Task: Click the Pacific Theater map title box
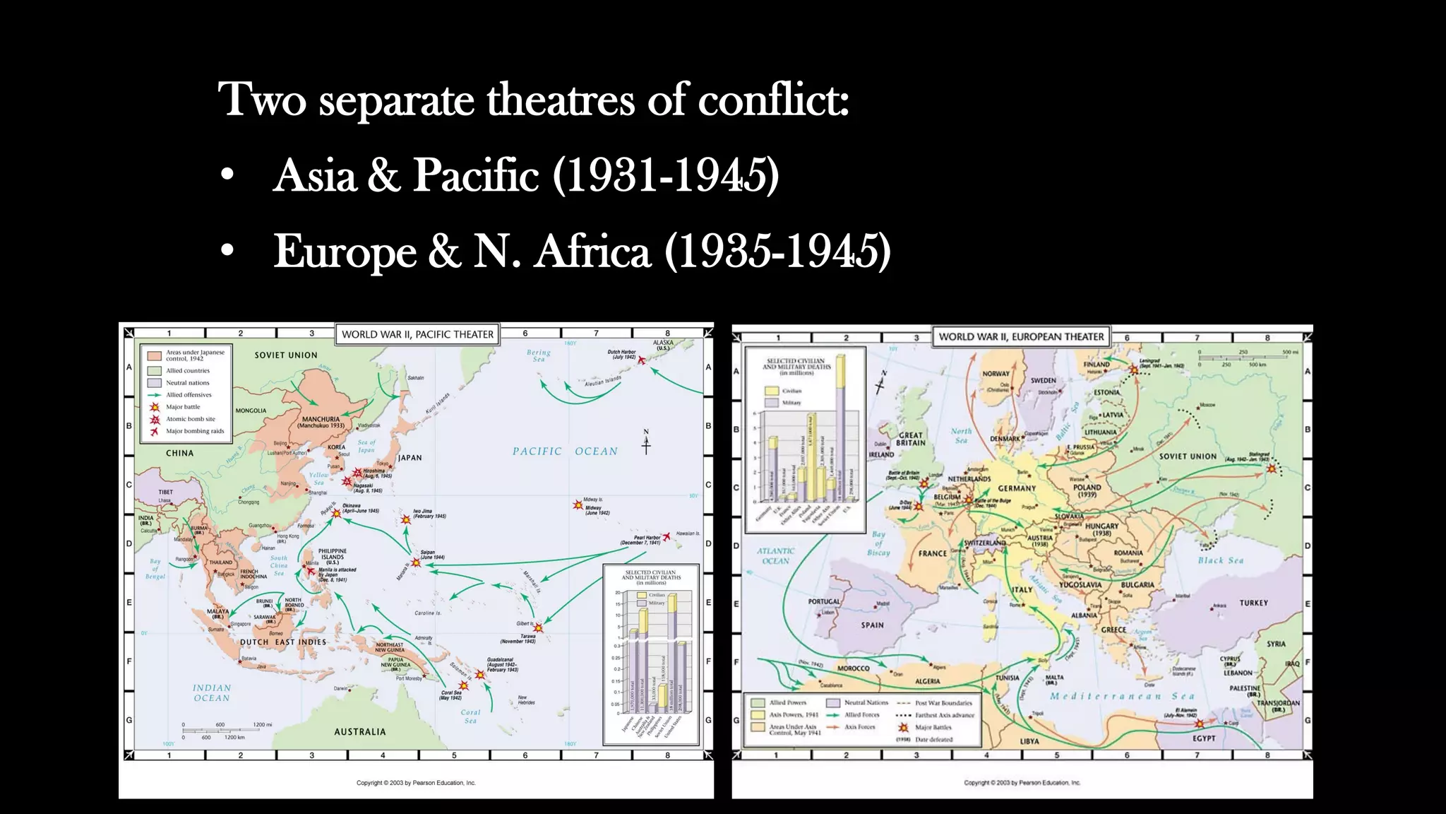(x=417, y=334)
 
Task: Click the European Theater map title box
(x=1020, y=337)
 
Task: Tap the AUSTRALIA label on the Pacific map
(x=360, y=732)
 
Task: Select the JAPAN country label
(x=410, y=458)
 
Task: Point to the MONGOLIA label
(x=251, y=411)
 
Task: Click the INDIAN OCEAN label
(x=212, y=692)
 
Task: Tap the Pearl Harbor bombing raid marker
(x=666, y=537)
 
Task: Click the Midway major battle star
(x=578, y=505)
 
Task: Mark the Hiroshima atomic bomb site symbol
(x=357, y=472)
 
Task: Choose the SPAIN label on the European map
(x=872, y=625)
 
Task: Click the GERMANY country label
(x=1017, y=488)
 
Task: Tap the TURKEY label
(x=1253, y=603)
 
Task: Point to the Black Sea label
(x=1221, y=560)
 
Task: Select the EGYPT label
(x=1204, y=738)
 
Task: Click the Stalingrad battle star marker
(x=1272, y=468)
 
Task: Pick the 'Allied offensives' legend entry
(x=189, y=395)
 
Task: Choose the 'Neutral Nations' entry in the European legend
(x=866, y=703)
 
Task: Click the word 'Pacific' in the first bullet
(x=476, y=175)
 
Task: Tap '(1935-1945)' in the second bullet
(x=777, y=251)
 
